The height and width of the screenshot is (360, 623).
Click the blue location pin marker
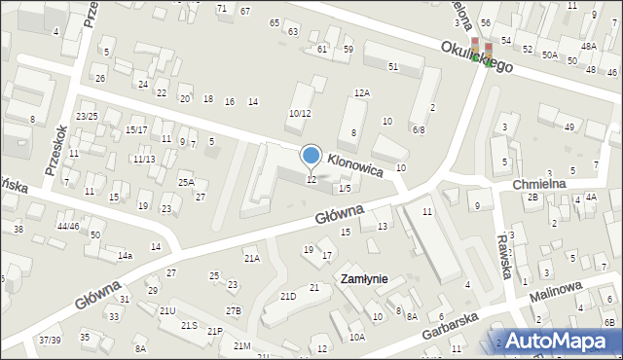[x=311, y=156]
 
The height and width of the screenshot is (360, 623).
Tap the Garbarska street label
[x=455, y=327]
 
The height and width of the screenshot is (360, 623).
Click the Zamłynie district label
[x=363, y=279]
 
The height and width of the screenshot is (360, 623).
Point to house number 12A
[x=361, y=92]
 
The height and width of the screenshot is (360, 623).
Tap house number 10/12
[x=299, y=113]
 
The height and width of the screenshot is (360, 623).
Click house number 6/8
[x=418, y=129]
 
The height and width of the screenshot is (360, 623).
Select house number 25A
[x=185, y=182]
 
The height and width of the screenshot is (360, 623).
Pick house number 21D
[x=288, y=296]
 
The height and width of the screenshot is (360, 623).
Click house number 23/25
[x=87, y=116]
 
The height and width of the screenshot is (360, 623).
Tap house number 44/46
[x=67, y=226]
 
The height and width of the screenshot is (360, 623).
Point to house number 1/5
[x=344, y=189]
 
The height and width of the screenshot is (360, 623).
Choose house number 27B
[x=233, y=310]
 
